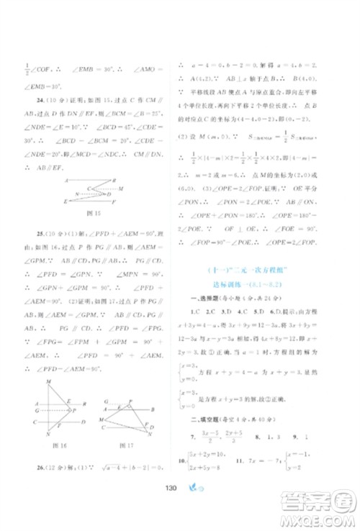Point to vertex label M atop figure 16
pos(48,381)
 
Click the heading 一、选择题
pos(210,298)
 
